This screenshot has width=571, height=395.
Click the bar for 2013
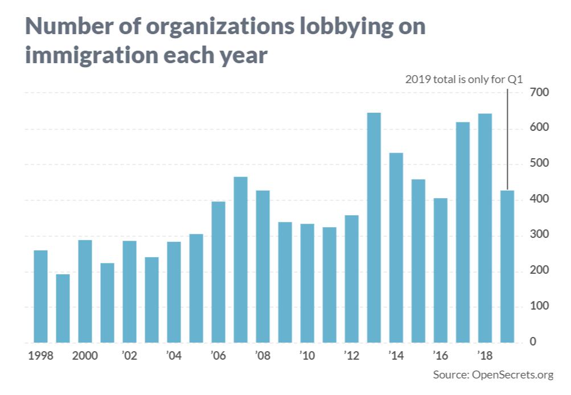(x=374, y=228)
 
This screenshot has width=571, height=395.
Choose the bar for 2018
(x=485, y=228)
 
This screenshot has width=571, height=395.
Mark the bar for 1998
(x=40, y=297)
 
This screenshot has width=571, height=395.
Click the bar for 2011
(x=330, y=285)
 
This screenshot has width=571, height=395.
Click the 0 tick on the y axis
(x=533, y=342)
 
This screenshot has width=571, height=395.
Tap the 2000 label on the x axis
(x=85, y=357)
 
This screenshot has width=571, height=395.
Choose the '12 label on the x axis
(x=352, y=357)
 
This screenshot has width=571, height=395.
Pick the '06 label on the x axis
(x=219, y=357)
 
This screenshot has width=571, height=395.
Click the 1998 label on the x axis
(x=40, y=357)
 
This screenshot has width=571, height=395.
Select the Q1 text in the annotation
(x=515, y=79)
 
